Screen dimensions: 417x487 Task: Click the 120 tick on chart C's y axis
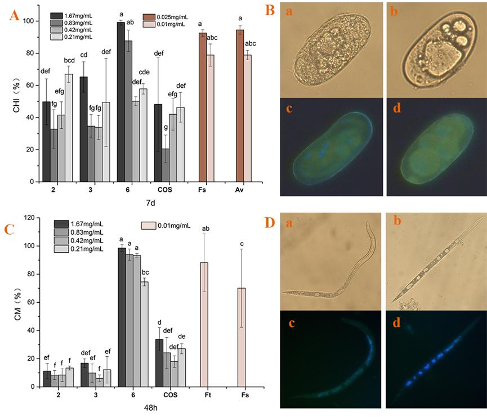(28, 218)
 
